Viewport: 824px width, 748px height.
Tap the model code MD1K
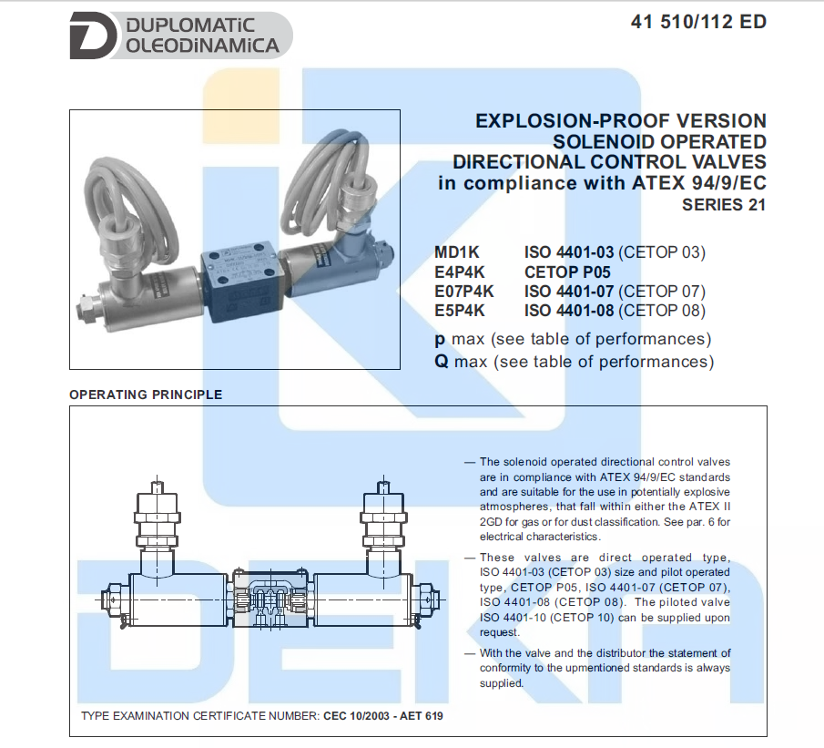click(x=456, y=252)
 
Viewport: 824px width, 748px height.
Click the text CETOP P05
click(x=567, y=272)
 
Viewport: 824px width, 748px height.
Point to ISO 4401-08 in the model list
click(x=570, y=311)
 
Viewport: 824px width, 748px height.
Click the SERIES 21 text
click(x=724, y=205)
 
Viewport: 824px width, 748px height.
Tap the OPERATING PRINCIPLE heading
click(x=146, y=394)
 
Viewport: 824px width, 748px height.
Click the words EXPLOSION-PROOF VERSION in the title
click(x=621, y=121)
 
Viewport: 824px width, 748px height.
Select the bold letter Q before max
click(x=441, y=362)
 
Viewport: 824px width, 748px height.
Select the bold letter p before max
click(x=441, y=339)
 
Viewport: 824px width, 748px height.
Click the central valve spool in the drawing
click(x=269, y=601)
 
